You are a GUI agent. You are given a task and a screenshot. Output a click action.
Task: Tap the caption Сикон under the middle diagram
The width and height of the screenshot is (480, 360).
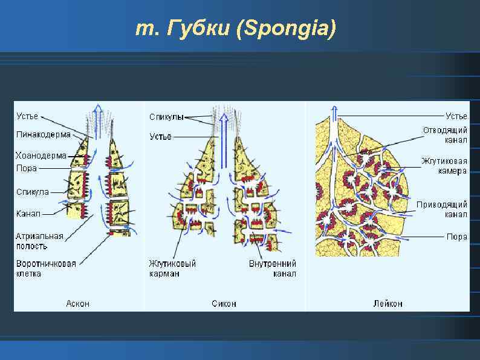click(x=224, y=303)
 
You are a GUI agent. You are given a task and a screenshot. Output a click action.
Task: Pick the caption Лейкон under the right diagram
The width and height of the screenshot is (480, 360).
click(x=388, y=303)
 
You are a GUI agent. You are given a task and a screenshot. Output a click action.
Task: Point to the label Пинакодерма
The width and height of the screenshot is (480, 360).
click(x=43, y=134)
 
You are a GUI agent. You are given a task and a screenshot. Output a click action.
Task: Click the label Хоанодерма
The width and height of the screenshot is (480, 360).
click(x=41, y=156)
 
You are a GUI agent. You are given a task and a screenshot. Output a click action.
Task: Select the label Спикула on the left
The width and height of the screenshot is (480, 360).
click(x=33, y=192)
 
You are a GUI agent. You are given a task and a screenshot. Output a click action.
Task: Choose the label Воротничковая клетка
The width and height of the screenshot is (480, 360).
click(x=46, y=269)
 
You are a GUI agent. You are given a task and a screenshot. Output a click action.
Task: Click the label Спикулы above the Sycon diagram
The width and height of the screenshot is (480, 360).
click(x=166, y=117)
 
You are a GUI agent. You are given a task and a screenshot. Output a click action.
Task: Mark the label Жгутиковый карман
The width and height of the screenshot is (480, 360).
click(x=172, y=269)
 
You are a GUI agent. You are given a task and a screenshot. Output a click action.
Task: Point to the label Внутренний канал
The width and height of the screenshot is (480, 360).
click(x=272, y=269)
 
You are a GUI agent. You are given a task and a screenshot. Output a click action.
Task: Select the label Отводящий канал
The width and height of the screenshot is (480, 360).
click(x=445, y=135)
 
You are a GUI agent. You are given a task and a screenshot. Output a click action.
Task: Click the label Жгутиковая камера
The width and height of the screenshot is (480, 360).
click(x=444, y=166)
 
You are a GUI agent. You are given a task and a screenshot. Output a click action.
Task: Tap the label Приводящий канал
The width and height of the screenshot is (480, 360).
click(x=442, y=209)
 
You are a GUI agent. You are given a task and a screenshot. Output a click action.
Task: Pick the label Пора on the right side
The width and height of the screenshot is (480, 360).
click(x=457, y=237)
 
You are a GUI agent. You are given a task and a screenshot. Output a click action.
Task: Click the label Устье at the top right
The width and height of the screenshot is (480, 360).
click(x=456, y=116)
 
